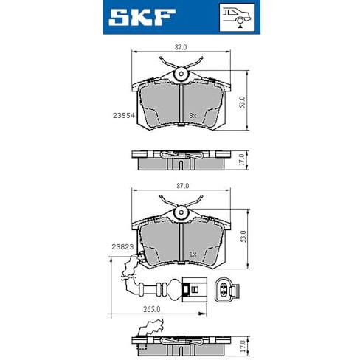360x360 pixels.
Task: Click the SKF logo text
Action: click(142, 17)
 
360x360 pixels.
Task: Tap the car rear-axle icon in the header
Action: click(236, 18)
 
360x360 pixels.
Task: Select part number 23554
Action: click(124, 115)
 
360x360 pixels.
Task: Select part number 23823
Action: click(122, 246)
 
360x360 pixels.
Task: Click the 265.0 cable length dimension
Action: click(152, 309)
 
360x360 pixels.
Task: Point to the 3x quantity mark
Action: click(193, 115)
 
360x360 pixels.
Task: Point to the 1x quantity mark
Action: click(193, 255)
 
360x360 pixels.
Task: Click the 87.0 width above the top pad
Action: click(181, 47)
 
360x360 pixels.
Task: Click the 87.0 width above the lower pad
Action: click(183, 186)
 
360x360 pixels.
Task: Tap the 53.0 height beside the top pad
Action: click(242, 103)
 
